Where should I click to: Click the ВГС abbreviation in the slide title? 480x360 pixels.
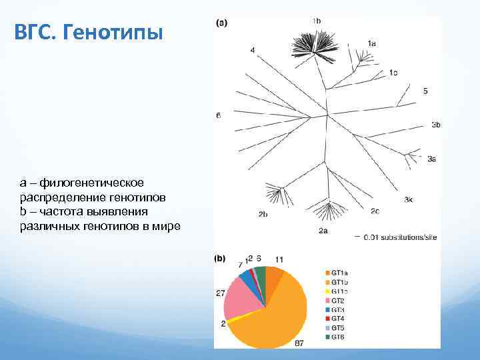pos(34,31)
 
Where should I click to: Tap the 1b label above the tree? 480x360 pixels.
pos(316,21)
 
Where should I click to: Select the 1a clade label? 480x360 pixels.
pos(371,43)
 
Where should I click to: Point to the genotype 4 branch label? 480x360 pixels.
pos(253,50)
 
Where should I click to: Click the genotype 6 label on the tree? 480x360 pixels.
pos(218,115)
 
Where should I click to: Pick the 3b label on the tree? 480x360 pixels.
pos(435,125)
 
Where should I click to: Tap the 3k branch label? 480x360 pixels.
pos(408,199)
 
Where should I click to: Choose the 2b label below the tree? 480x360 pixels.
pos(263,214)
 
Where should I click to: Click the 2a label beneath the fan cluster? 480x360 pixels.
pos(323,231)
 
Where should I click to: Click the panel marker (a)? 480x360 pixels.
pos(221,23)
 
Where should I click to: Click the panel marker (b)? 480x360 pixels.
pos(220,258)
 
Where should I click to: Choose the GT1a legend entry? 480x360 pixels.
pos(335,273)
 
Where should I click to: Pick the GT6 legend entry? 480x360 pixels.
pos(335,337)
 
